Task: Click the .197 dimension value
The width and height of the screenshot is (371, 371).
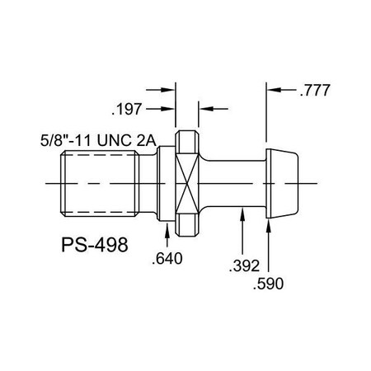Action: point(129,107)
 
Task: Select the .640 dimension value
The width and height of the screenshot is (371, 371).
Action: point(168,259)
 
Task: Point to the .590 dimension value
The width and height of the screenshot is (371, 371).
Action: point(269,283)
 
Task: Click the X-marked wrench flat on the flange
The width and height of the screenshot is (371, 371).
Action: point(187,181)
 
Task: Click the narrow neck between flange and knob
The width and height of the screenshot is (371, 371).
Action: point(235,181)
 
